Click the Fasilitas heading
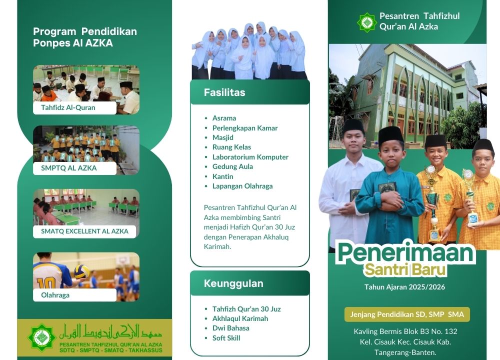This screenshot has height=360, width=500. (x=224, y=92)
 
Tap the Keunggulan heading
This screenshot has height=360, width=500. (x=233, y=283)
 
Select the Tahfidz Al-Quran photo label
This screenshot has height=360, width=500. (x=68, y=107)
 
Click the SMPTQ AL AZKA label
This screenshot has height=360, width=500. (x=69, y=168)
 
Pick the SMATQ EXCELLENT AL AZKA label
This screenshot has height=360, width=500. (x=85, y=231)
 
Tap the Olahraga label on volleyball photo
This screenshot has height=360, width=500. (x=55, y=295)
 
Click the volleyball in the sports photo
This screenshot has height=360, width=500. (x=81, y=271)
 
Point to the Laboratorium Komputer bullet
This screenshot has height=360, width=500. (x=250, y=157)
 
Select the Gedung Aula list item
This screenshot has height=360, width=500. (x=232, y=166)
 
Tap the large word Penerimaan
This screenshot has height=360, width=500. (x=405, y=252)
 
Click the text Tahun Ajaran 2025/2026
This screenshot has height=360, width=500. (x=404, y=287)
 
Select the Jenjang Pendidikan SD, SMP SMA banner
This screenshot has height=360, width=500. (x=407, y=314)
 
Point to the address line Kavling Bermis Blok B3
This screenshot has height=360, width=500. (x=405, y=331)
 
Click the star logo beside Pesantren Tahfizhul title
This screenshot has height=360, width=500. (x=366, y=22)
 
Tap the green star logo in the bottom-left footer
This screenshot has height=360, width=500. (x=42, y=337)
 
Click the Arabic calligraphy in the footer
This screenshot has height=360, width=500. (x=110, y=332)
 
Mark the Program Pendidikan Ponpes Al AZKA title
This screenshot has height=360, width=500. (x=85, y=37)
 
